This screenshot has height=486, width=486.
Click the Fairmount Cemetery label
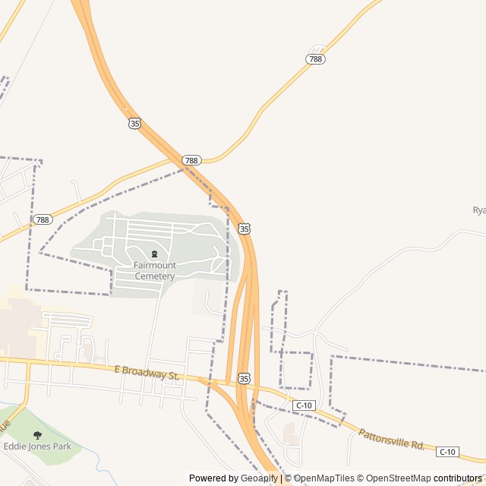click(155, 270)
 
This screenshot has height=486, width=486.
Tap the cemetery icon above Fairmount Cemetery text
click(155, 254)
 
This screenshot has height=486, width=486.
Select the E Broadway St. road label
click(147, 374)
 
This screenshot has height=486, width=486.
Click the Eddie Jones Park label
click(37, 447)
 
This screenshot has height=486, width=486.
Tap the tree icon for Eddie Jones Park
click(37, 435)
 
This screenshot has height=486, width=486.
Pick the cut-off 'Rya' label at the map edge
click(478, 210)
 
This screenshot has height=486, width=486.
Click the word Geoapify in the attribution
click(260, 478)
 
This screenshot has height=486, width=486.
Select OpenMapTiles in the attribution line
click(324, 478)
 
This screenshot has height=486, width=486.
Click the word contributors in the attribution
click(458, 478)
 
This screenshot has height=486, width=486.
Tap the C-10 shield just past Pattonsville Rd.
click(448, 452)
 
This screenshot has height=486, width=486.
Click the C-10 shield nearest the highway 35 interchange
click(305, 406)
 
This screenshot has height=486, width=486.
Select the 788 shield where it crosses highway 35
click(191, 160)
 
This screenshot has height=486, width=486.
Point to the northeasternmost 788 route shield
click(316, 58)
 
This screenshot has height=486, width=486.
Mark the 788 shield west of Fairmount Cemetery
click(43, 219)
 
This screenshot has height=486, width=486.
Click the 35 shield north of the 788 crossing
click(134, 123)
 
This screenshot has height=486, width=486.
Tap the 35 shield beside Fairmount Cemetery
click(244, 228)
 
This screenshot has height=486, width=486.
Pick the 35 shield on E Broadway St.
click(243, 377)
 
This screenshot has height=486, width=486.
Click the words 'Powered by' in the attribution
click(213, 478)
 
